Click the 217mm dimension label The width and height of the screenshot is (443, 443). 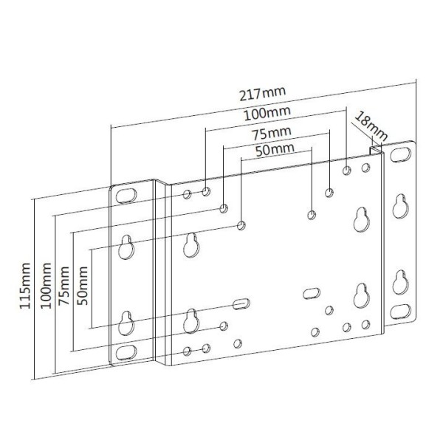click(262, 94)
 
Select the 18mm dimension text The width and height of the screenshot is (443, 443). click(371, 126)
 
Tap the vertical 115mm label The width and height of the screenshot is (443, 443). click(25, 286)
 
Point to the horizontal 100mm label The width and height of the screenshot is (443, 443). click(267, 114)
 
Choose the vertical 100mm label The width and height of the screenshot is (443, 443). click(46, 286)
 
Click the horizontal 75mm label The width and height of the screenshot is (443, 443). click(272, 134)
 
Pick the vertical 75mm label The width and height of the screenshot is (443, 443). click(63, 286)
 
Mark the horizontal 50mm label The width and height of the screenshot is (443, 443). click(275, 150)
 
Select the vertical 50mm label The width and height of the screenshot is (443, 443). click(83, 286)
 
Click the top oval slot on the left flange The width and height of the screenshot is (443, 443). click(126, 196)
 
